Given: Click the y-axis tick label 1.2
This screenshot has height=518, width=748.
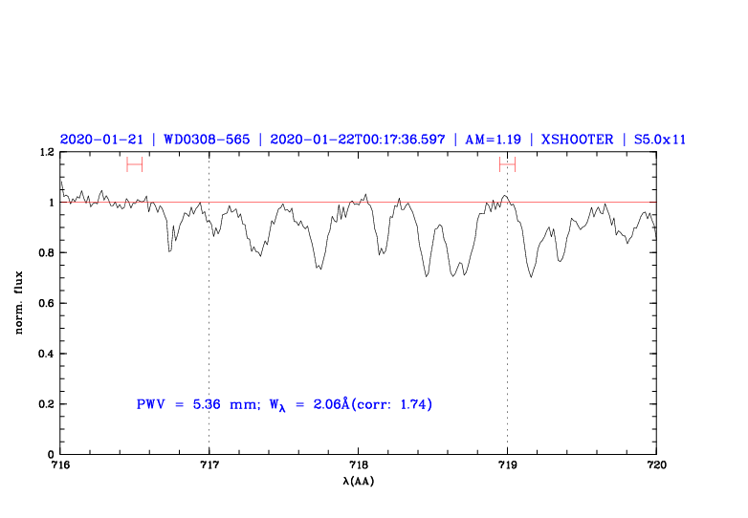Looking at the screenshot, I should pyautogui.click(x=44, y=152).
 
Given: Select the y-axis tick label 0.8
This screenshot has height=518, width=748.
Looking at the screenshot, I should pyautogui.click(x=44, y=253).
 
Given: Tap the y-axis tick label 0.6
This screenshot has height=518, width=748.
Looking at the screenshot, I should pyautogui.click(x=44, y=304).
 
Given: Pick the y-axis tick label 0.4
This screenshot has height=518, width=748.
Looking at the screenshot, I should pyautogui.click(x=44, y=355).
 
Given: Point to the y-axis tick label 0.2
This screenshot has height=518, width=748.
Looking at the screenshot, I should pyautogui.click(x=44, y=404).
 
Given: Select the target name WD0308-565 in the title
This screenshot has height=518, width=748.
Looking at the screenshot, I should pyautogui.click(x=207, y=139).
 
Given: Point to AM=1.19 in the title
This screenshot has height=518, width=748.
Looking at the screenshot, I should pyautogui.click(x=493, y=139).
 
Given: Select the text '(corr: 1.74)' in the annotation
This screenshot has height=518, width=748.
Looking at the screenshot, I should pyautogui.click(x=392, y=404).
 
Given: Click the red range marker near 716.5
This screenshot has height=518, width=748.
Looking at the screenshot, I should pyautogui.click(x=134, y=164).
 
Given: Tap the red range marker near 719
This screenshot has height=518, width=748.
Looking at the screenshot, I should pyautogui.click(x=507, y=164).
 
